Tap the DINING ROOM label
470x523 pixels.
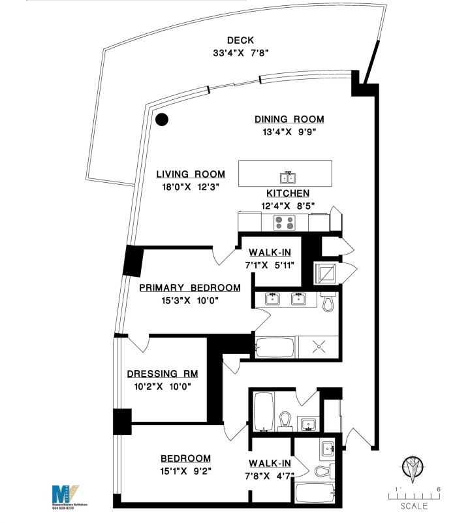[x=289, y=119]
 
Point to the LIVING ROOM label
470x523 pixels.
[x=191, y=174]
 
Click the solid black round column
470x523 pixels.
[x=162, y=119]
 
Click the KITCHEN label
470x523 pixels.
[x=287, y=194]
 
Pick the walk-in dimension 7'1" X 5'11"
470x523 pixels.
[x=270, y=265]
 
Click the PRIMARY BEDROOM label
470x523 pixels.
[x=189, y=288]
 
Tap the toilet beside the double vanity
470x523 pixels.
[x=328, y=302]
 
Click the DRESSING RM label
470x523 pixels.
[x=162, y=374]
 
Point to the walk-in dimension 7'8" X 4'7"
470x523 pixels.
[x=269, y=471]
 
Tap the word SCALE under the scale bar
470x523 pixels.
[x=414, y=506]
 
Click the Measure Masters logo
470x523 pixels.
[x=64, y=493]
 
